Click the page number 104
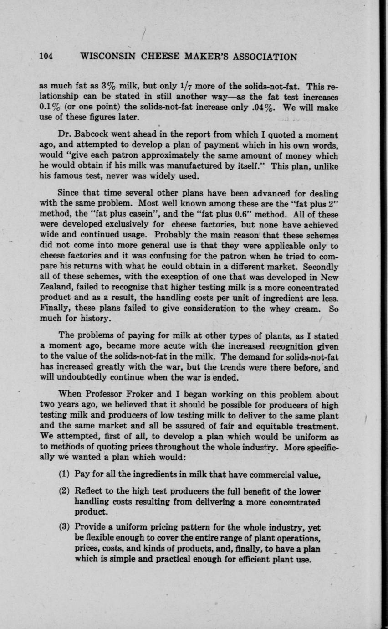tap(46, 57)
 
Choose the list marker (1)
tap(65, 474)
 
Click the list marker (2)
tap(65, 491)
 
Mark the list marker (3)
tap(65, 528)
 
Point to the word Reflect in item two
tap(90, 491)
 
